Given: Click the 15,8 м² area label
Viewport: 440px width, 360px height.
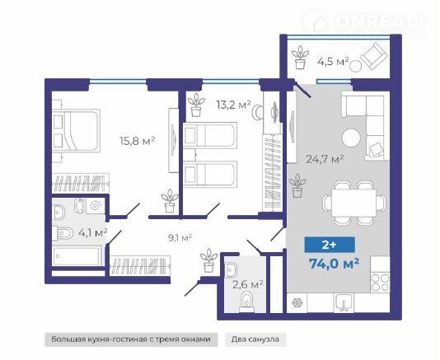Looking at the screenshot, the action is click(x=138, y=141).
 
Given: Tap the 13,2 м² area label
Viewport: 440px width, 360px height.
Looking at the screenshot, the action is click(x=233, y=105).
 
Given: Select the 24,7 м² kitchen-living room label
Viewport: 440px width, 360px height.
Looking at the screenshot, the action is click(x=325, y=159).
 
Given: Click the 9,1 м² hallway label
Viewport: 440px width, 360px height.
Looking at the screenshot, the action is click(x=180, y=238).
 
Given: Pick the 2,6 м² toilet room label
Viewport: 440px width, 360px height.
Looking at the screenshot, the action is click(x=248, y=284).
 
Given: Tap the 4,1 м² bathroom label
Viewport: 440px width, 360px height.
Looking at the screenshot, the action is click(x=93, y=232).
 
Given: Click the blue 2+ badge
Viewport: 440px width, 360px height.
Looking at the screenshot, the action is click(x=330, y=245).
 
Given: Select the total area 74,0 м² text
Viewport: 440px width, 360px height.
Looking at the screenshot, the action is click(x=334, y=264).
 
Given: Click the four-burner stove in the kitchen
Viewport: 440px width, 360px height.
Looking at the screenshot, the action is click(x=380, y=283).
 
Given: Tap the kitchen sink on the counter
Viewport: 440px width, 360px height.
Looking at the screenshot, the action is click(x=344, y=303).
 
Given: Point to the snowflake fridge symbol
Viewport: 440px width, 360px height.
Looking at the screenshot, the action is click(x=297, y=303).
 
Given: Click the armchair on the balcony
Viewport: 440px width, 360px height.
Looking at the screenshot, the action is click(x=374, y=56).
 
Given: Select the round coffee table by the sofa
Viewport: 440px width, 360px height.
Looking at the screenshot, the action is click(x=351, y=138).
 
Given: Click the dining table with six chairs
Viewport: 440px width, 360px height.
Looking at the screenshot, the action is click(x=353, y=203).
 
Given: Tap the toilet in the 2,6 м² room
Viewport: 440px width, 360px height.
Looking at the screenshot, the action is click(x=246, y=302).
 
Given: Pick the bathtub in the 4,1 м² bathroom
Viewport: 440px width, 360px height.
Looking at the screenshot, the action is click(x=77, y=255).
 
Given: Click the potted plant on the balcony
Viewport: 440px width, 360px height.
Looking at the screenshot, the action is click(x=300, y=57).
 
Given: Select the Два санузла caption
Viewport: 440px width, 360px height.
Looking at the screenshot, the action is click(x=255, y=339).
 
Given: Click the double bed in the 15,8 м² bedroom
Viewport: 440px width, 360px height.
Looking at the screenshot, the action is click(x=76, y=131).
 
